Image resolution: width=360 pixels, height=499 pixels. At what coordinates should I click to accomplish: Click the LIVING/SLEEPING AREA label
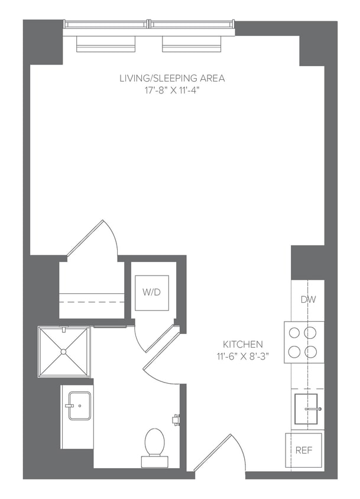pos(172,77)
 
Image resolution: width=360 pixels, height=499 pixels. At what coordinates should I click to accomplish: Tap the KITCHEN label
pos(242,344)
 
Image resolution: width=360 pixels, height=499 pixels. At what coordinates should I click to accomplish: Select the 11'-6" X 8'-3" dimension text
pos(242,356)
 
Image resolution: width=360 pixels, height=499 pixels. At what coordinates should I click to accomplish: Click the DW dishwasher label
pos(308,300)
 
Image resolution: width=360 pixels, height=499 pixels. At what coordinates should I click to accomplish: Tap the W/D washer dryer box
pos(152,293)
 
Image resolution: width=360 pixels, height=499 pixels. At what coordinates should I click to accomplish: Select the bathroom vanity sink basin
pos(79,406)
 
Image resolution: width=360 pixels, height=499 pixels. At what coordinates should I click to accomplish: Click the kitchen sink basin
pos(306,408)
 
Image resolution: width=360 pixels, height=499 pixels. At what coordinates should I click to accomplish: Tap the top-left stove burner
pos(294,332)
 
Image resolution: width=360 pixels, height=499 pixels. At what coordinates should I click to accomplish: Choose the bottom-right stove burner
pos(311,352)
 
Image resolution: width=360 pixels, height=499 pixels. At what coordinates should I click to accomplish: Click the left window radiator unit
pos(106,43)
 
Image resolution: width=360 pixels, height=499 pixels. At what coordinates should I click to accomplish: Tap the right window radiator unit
pos(192,43)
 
